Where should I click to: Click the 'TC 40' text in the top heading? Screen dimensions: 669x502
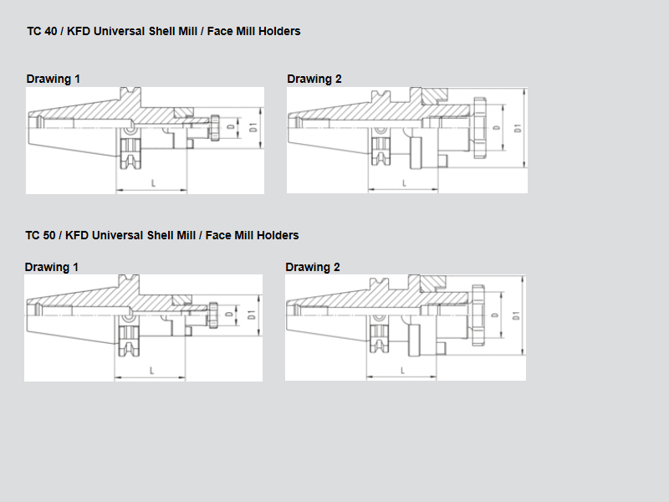coord(42,31)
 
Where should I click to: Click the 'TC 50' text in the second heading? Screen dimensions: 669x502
coord(40,235)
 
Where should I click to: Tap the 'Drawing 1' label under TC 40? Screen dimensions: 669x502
coord(53,79)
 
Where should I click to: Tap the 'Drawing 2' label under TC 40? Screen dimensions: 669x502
coord(314,79)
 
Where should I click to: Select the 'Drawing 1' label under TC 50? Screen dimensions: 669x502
coord(51,267)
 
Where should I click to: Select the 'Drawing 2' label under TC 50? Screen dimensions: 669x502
coord(312,267)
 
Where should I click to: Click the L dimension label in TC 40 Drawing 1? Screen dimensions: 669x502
coord(153,183)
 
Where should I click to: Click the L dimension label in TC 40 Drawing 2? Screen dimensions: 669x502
coord(404,183)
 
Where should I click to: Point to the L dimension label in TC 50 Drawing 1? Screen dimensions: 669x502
coord(151,371)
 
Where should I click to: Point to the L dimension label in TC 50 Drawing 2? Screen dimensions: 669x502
coord(402,371)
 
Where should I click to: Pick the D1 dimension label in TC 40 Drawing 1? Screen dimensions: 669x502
coord(253,127)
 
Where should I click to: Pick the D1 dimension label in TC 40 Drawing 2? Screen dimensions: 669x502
coord(518,128)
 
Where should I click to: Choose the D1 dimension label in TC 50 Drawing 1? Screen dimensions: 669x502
coord(252,315)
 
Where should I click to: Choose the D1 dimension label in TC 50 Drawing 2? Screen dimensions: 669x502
coord(516,316)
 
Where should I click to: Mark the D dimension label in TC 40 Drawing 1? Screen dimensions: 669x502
coord(231,127)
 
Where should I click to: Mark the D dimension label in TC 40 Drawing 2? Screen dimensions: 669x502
coord(496,128)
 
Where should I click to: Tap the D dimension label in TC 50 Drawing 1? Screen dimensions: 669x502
coord(229,315)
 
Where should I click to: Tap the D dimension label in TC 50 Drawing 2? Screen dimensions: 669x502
coord(495,315)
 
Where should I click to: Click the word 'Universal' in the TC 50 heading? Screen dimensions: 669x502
coord(117,235)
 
